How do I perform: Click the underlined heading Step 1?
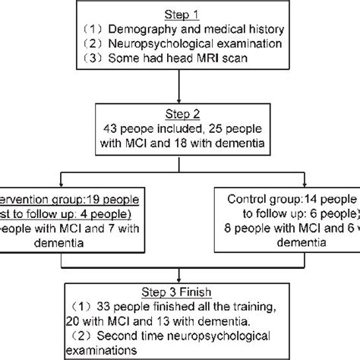coord(180,14)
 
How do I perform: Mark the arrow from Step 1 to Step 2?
coord(180,91)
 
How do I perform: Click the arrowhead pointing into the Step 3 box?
coord(180,280)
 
